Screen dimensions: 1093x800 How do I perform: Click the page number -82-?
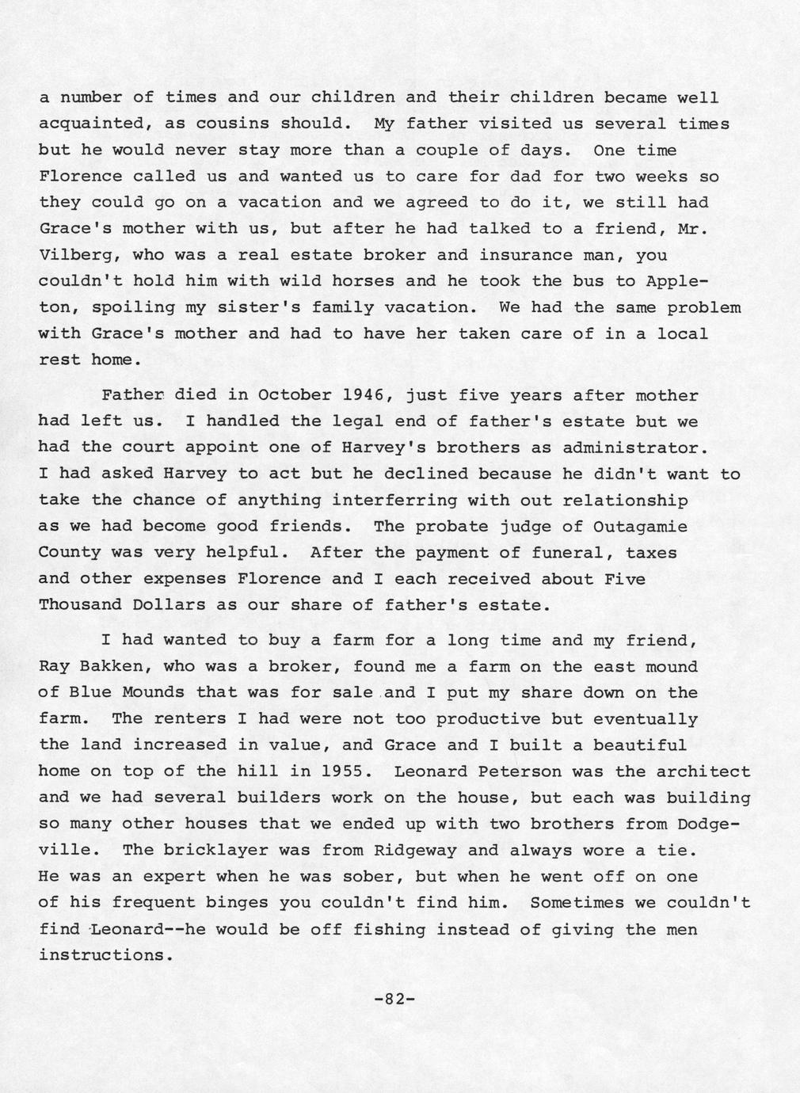click(394, 999)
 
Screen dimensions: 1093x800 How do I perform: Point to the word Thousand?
click(80, 605)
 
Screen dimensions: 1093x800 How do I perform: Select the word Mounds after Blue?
click(154, 693)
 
